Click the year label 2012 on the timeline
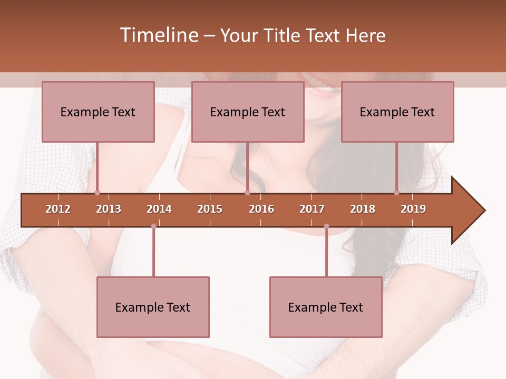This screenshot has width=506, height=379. tap(58, 209)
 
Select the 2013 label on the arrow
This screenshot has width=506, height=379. tap(109, 209)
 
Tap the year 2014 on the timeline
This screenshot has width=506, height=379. tap(159, 209)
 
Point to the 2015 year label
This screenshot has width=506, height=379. tap(210, 209)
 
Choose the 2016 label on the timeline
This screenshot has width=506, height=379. tap(261, 209)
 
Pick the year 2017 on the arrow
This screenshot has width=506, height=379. tap(312, 209)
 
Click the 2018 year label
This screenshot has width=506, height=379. tap(363, 209)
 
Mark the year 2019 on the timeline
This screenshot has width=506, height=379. tap(413, 209)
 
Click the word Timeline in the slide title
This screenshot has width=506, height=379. tap(158, 35)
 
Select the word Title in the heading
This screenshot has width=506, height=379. tap(283, 35)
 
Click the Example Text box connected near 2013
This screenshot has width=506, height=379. tap(98, 112)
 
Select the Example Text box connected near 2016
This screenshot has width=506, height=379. tap(248, 112)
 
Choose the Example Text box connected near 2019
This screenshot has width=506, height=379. tap(397, 112)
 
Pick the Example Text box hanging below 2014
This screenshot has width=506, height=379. tap(153, 307)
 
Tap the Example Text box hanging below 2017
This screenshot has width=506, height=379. tap(326, 307)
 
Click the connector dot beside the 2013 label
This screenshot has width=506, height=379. tap(97, 193)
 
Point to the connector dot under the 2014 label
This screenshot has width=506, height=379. tap(153, 226)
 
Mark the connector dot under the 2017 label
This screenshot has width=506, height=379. tap(326, 226)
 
